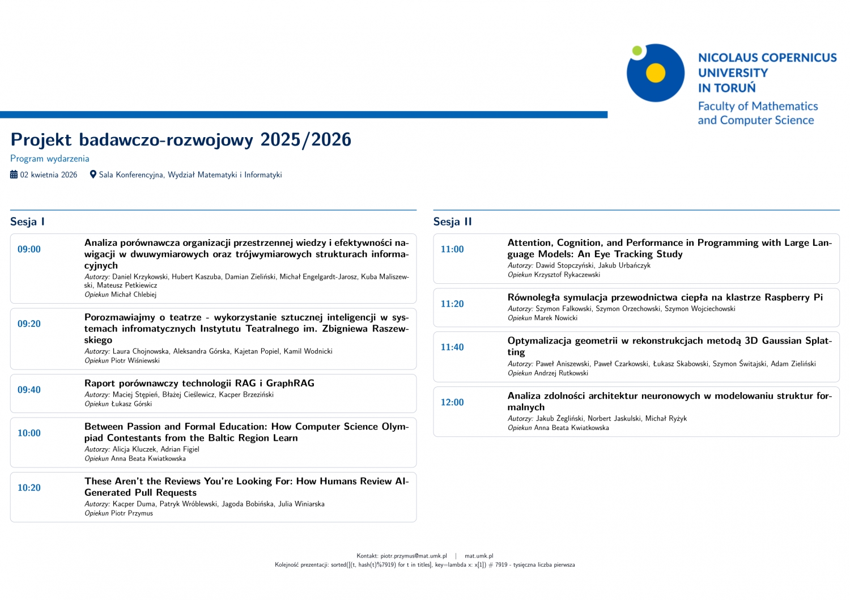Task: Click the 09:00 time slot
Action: (x=29, y=249)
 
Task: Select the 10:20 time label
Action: (x=29, y=488)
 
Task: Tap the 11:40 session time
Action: (x=452, y=347)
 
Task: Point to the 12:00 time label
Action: (x=452, y=402)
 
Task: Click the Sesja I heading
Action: (x=27, y=222)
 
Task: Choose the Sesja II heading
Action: (x=452, y=222)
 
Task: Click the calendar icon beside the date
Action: (x=14, y=175)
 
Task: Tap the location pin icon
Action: (x=93, y=175)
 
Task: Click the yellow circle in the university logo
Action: (x=656, y=73)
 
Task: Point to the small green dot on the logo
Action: (x=637, y=51)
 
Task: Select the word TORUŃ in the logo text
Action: (x=735, y=88)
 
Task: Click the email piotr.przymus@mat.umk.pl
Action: (x=414, y=556)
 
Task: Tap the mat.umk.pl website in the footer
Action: (x=479, y=556)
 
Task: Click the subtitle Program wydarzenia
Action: (x=50, y=159)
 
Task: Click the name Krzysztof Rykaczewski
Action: (x=567, y=275)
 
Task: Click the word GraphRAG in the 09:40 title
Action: (x=290, y=383)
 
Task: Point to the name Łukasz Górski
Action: (x=131, y=404)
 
